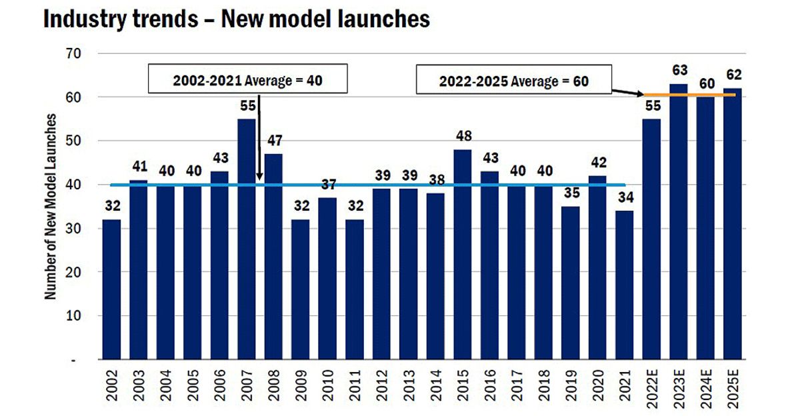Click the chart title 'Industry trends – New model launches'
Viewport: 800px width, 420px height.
[236, 19]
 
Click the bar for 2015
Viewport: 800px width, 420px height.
[463, 254]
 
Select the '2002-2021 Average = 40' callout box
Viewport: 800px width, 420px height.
[248, 79]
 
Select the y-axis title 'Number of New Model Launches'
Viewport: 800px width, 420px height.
[51, 206]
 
